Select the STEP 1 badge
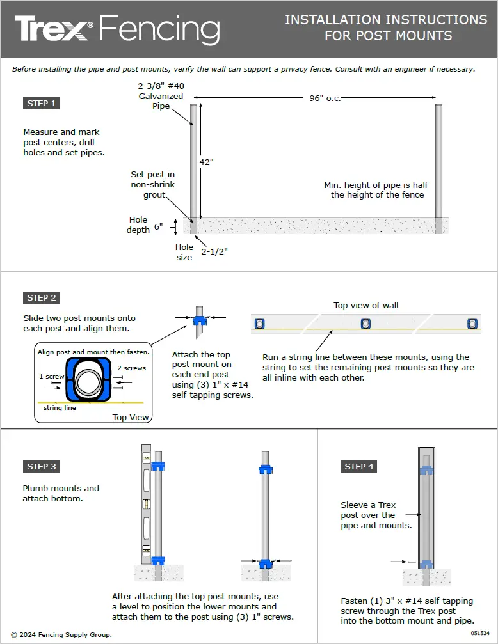click(42, 103)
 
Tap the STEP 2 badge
click(42, 297)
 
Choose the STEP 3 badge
click(42, 466)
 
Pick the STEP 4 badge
click(358, 466)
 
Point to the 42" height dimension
click(206, 162)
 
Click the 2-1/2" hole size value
click(215, 251)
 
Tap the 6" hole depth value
click(158, 226)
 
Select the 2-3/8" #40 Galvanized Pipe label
click(161, 96)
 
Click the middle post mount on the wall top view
click(365, 323)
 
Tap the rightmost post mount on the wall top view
click(472, 323)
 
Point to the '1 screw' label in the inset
click(51, 377)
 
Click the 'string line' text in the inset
click(60, 407)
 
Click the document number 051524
click(480, 632)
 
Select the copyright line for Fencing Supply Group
click(66, 635)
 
